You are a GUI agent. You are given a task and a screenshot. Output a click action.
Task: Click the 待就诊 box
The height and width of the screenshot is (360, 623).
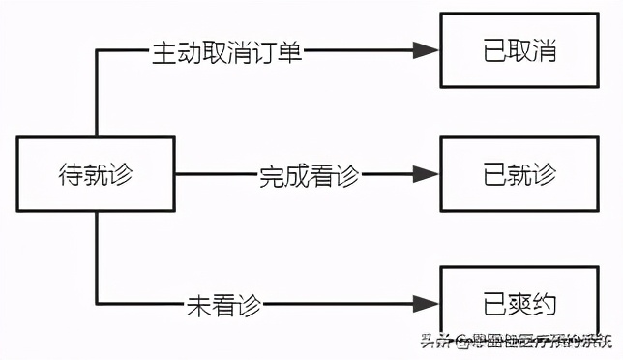tap(96, 175)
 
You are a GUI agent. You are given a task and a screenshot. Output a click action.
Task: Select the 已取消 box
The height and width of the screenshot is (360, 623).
tap(518, 51)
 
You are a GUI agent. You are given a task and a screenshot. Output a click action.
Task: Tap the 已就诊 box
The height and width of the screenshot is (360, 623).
tap(518, 175)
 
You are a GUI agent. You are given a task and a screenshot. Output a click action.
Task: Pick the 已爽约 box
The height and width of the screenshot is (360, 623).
tap(518, 304)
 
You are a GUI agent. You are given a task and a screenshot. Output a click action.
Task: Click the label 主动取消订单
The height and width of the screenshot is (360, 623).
tap(227, 51)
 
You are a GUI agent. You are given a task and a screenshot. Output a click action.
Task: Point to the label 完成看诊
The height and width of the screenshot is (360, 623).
tap(309, 175)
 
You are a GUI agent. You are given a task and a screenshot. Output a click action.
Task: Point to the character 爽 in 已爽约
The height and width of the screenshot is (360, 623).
tap(519, 304)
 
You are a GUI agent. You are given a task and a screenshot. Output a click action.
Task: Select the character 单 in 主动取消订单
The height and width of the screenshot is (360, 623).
tap(290, 51)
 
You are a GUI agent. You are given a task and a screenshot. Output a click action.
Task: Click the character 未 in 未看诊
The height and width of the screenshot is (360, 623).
tap(196, 304)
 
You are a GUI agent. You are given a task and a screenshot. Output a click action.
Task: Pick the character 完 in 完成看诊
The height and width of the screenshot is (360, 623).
tap(271, 175)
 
